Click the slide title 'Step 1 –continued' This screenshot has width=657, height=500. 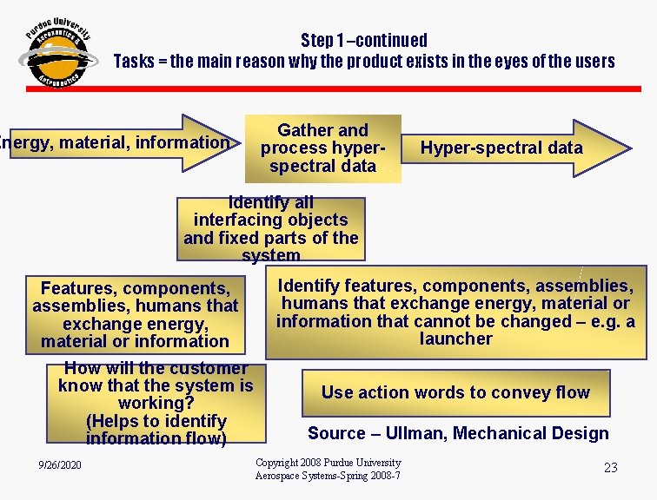click(363, 40)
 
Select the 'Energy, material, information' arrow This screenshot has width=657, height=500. click(117, 142)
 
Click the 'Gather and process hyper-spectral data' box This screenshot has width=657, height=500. click(322, 148)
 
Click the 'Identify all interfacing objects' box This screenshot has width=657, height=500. click(271, 229)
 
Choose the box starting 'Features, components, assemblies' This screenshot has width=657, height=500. click(135, 313)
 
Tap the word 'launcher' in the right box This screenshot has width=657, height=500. click(455, 339)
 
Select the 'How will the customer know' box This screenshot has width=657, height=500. click(156, 404)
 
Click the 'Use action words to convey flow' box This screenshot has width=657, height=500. click(455, 392)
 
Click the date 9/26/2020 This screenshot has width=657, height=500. click(60, 466)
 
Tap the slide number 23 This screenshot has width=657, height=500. click(610, 468)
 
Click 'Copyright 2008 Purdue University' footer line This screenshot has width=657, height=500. click(328, 463)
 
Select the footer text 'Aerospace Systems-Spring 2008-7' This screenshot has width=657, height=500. click(328, 477)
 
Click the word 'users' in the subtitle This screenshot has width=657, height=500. click(594, 62)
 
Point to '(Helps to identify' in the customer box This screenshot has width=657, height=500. click(156, 421)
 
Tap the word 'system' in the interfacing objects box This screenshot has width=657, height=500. click(271, 256)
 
